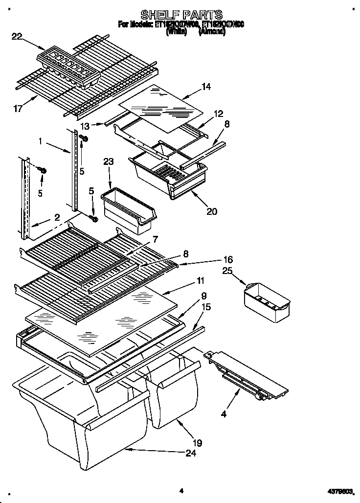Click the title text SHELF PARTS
pos(181,14)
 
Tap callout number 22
pos(16,35)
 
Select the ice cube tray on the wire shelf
pos(68,69)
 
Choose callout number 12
pos(218,114)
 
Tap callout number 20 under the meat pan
pos(211,211)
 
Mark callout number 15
pos(206,307)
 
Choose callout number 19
pos(197,443)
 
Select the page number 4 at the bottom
pos(180,490)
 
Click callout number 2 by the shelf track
pos(57,217)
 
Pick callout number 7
pos(155,239)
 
